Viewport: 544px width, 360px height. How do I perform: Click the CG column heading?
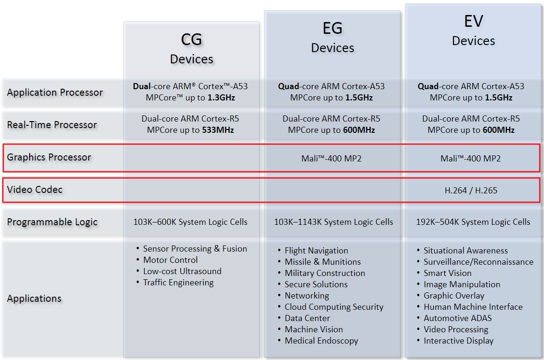click(192, 40)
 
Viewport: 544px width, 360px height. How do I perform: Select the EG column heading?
click(332, 29)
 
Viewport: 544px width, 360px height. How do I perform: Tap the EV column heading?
click(473, 22)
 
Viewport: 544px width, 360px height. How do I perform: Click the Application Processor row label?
click(54, 92)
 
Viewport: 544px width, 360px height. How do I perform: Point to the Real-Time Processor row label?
click(52, 125)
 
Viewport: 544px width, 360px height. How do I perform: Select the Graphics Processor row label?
click(49, 157)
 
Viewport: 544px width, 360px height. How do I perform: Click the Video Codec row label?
click(35, 190)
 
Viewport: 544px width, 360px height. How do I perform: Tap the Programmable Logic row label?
click(52, 222)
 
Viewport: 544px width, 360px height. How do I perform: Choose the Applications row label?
click(34, 299)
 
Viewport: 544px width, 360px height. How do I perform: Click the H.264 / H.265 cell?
click(471, 191)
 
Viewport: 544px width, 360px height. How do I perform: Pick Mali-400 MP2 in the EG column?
click(331, 159)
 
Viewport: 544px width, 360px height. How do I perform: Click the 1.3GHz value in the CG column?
click(221, 98)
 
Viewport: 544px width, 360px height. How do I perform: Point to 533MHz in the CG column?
click(218, 130)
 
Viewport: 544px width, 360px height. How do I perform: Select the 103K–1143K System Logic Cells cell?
click(333, 222)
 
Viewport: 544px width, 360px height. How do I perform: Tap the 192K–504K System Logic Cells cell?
click(473, 222)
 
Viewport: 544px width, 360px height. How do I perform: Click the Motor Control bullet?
click(170, 260)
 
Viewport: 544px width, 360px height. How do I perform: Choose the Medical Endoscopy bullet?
click(321, 341)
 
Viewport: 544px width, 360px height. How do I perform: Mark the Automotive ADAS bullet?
click(458, 318)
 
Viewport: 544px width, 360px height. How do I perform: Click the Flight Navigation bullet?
click(316, 251)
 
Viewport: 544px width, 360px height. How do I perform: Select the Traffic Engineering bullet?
click(178, 283)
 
